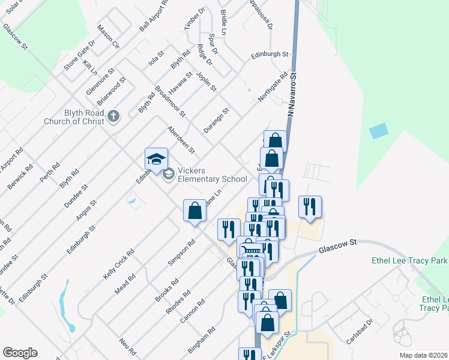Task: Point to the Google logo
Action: coord(20,353)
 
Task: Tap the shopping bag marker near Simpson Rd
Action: coord(194,212)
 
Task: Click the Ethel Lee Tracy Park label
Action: coord(411,262)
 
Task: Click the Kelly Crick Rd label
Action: coord(117,264)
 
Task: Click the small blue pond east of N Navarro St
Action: coord(379,131)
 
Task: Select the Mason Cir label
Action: coord(109,37)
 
